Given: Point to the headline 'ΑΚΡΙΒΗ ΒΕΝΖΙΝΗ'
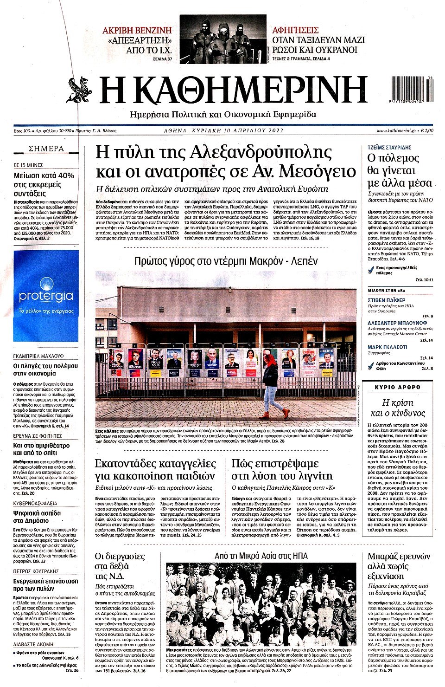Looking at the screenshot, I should tap(137, 30).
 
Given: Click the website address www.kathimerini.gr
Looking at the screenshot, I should tap(395, 131).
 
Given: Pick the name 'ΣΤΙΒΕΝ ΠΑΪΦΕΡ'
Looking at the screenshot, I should tap(386, 300).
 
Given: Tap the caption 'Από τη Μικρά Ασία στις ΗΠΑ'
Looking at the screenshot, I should tap(261, 556).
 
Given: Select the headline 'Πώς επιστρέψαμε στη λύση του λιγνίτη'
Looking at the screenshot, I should tap(281, 469).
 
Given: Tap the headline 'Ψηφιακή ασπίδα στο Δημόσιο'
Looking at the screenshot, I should tap(37, 518).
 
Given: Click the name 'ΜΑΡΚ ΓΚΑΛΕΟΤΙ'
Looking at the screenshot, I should tap(387, 347).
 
